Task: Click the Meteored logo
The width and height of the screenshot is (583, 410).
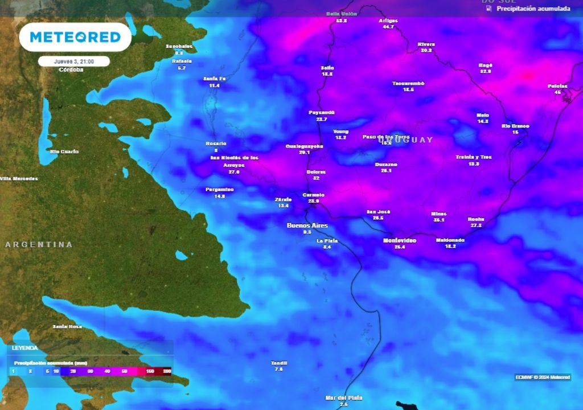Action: pos(75,37)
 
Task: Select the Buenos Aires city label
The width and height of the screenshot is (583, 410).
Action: pos(307,225)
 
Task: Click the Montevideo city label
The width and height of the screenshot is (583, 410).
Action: pos(399,241)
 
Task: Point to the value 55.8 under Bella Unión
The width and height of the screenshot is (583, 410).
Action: pos(342,20)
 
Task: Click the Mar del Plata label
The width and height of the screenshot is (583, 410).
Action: pos(343,397)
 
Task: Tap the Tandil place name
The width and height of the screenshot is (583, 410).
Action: pos(279,363)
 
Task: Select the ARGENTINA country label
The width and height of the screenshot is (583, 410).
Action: pos(39,244)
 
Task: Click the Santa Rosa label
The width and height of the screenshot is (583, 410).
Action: pos(67,326)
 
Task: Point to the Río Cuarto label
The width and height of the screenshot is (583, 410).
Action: pos(64,151)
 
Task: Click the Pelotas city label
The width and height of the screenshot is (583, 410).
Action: pos(557,86)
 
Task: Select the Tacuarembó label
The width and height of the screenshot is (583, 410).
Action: pos(408,83)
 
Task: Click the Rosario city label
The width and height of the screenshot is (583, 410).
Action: pos(216,143)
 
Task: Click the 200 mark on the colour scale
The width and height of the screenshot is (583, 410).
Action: pos(167,371)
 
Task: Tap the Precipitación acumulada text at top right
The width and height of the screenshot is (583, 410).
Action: pos(533,9)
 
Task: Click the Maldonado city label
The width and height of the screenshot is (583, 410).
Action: pos(450,240)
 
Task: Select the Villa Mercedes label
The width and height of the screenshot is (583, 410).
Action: pos(19,179)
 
